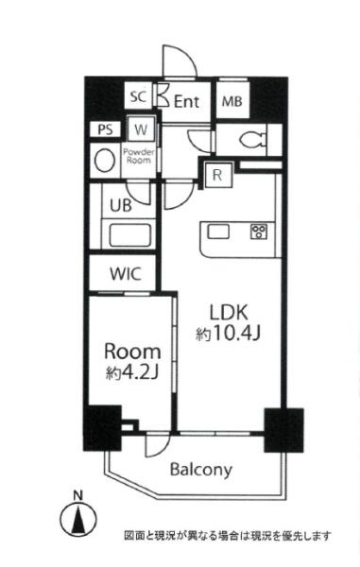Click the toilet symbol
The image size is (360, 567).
tap(252, 139)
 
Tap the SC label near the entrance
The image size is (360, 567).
tap(138, 97)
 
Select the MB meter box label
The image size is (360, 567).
tap(232, 101)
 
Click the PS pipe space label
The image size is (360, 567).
tap(105, 129)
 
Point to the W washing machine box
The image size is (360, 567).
tap(142, 129)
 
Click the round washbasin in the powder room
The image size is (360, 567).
tap(105, 161)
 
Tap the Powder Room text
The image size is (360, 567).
tap(139, 156)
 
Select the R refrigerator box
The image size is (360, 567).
tap(217, 175)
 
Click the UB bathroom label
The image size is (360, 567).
tap(121, 206)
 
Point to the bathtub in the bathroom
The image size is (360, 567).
tap(129, 235)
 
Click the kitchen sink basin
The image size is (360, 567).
tap(218, 232)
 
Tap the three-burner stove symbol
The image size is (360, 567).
tap(259, 232)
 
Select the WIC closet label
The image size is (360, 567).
tap(126, 274)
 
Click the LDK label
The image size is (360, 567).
tap(230, 313)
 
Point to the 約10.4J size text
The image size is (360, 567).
tap(228, 334)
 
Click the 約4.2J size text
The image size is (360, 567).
tap(133, 372)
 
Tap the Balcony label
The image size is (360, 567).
tap(201, 470)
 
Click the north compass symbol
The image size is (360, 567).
tap(78, 516)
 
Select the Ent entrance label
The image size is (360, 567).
tap(186, 102)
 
